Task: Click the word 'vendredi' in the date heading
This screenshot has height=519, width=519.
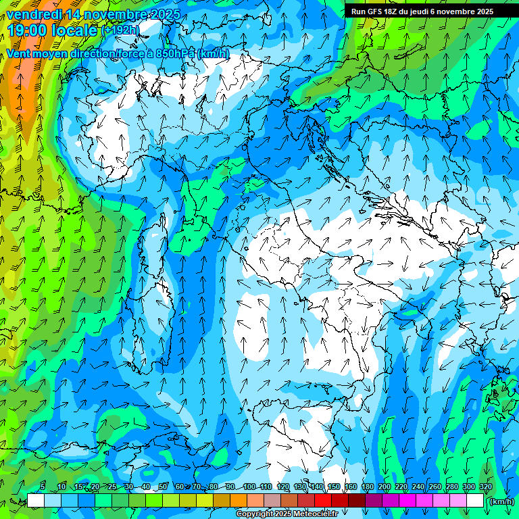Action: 36,14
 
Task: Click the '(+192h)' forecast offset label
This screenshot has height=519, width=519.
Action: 121,30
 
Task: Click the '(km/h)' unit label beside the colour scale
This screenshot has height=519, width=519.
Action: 501,501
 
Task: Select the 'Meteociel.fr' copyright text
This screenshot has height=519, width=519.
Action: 313,514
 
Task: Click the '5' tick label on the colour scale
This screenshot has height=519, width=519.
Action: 43,487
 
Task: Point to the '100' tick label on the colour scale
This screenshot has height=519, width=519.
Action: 249,487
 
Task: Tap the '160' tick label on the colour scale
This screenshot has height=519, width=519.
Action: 351,487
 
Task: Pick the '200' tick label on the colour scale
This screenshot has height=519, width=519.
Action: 385,487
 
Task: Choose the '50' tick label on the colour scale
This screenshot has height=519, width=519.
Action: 163,487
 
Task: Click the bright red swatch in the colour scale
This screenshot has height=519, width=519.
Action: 323,501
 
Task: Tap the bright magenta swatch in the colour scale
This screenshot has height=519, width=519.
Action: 407,501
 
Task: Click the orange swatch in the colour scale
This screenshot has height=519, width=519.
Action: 239,501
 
